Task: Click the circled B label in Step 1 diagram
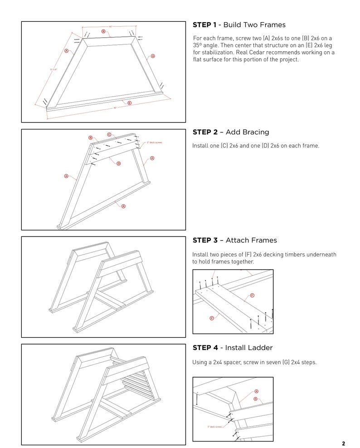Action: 103,31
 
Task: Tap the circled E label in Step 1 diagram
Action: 129,103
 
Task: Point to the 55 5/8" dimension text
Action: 54,69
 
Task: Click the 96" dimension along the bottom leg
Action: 115,108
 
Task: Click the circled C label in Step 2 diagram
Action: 109,134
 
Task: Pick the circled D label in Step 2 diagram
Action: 118,163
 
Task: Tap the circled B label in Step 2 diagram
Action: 90,138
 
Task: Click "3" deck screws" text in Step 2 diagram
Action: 154,143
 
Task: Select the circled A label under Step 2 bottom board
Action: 123,206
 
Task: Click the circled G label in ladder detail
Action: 255,399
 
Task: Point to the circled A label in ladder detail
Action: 256,391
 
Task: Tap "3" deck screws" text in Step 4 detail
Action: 215,427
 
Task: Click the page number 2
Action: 343,443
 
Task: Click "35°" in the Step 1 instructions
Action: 197,45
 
